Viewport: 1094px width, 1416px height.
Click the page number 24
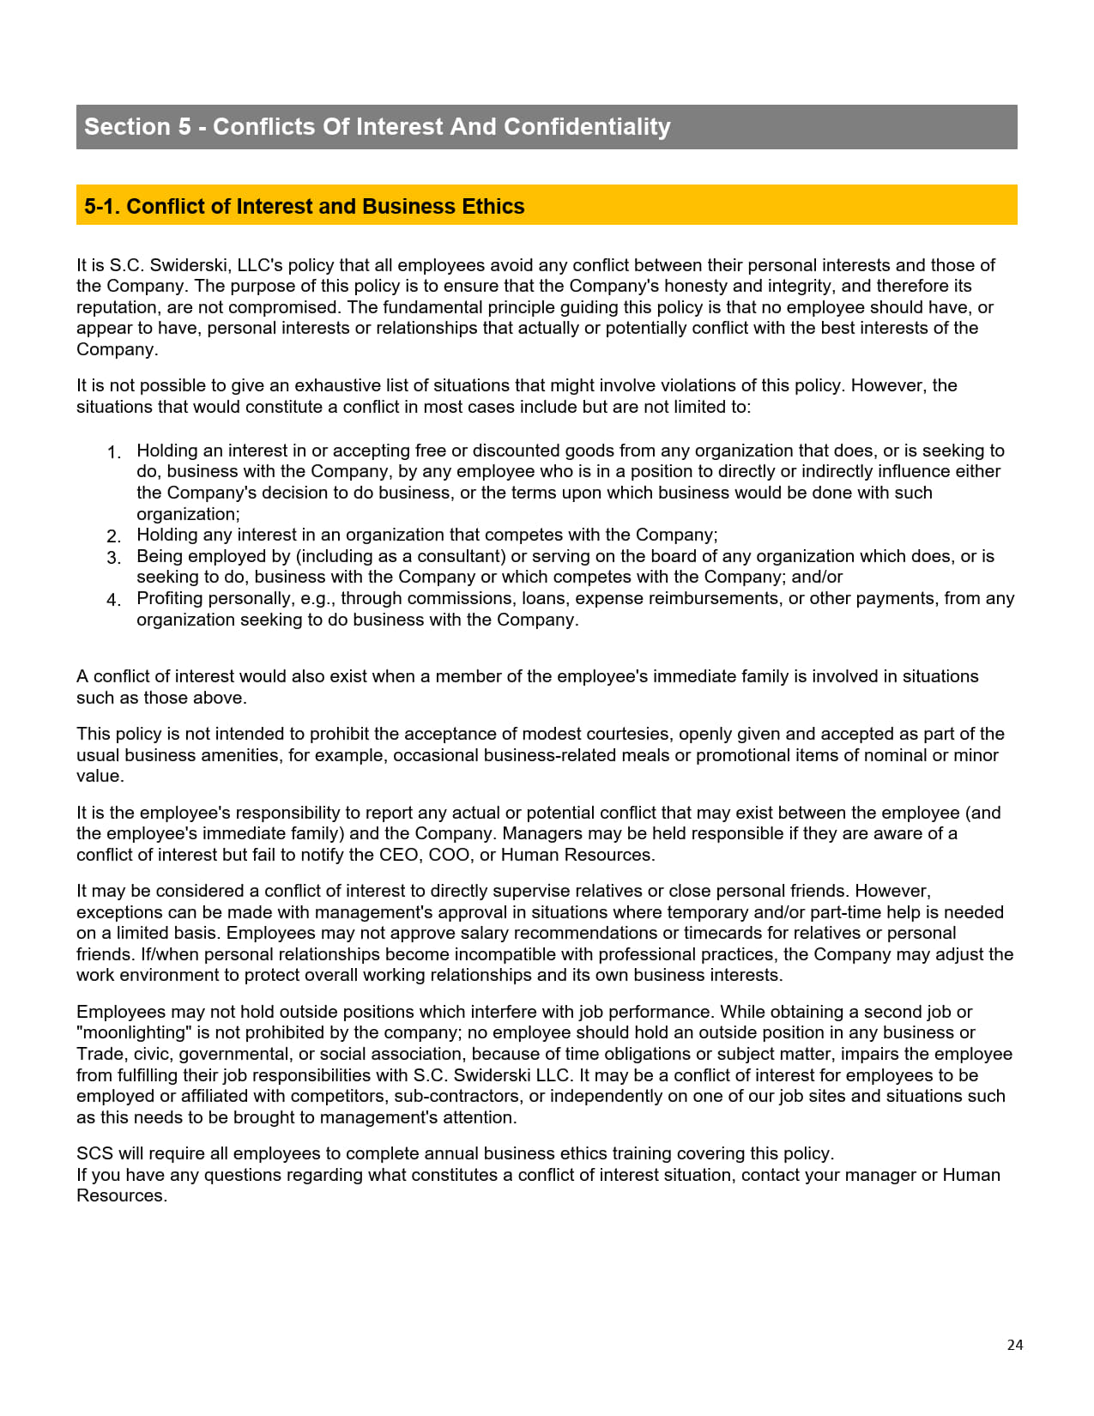1014,1345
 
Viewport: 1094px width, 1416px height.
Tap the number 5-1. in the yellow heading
102,207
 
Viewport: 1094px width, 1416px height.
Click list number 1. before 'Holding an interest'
114,452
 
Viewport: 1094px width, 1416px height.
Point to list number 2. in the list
114,536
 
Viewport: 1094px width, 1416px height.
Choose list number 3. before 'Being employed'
114,558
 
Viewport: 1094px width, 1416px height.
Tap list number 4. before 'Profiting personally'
114,600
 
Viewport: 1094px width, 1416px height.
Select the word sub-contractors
457,1096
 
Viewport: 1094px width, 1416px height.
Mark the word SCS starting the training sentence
94,1153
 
